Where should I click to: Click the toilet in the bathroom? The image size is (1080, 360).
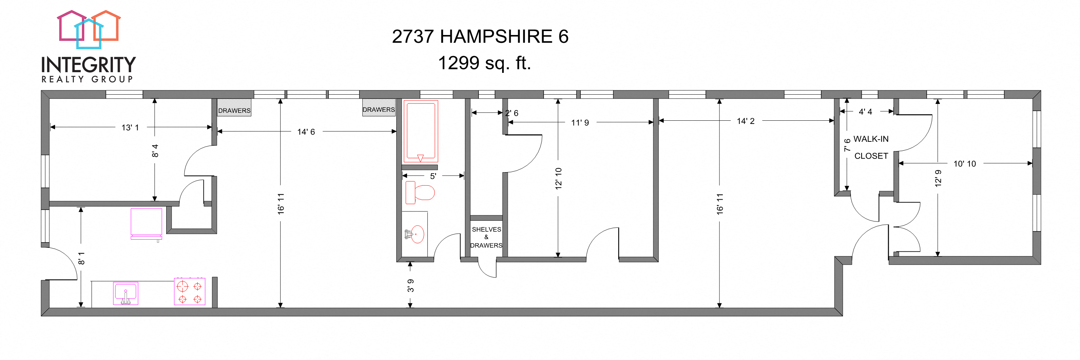point(420,193)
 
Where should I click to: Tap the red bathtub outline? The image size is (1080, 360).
point(421,131)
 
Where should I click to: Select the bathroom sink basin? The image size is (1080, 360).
point(417,234)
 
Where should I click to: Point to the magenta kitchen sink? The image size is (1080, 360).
point(125,293)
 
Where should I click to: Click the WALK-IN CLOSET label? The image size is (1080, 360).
point(871,147)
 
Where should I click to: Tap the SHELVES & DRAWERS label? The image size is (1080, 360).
point(486,237)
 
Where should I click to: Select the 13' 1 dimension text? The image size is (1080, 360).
point(130,127)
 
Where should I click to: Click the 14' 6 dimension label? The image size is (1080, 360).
point(306,131)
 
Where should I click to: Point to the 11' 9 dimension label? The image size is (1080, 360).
point(580,123)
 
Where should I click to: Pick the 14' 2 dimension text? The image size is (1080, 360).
point(745,121)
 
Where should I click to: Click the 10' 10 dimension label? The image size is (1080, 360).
point(964,164)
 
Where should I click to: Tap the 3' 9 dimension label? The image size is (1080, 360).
point(411,285)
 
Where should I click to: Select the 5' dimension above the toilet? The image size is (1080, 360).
point(433,176)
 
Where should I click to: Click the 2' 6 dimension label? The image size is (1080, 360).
point(511,113)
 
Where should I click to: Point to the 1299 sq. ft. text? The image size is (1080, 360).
point(484,63)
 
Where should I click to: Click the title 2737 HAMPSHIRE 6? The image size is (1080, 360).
point(480,37)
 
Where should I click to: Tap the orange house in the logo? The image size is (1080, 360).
point(106,26)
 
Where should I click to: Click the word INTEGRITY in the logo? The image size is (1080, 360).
point(89,65)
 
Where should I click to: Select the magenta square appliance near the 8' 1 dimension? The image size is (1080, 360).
point(146,222)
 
